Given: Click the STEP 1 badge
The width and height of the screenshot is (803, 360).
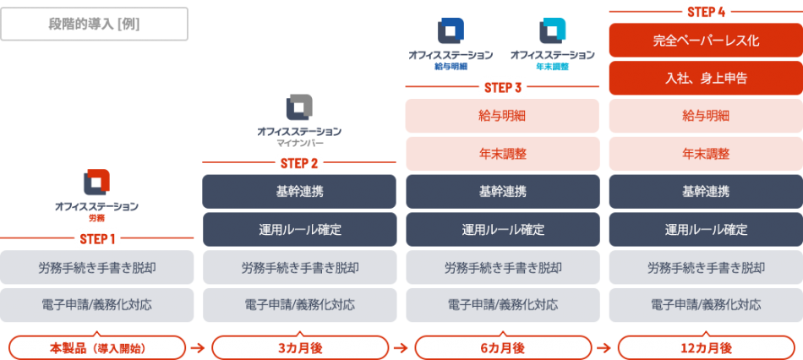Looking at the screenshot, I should [x=97, y=238].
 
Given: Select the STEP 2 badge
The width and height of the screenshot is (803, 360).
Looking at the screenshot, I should [x=299, y=163].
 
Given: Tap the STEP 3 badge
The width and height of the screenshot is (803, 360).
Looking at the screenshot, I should [x=502, y=87].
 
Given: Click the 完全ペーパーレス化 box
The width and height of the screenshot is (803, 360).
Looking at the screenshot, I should [x=705, y=40].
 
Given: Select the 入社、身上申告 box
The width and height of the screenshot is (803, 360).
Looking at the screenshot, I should [x=705, y=78].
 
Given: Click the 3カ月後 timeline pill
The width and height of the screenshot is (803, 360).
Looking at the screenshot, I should [x=299, y=347].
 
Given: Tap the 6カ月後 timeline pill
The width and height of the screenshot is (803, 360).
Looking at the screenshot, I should [x=502, y=347].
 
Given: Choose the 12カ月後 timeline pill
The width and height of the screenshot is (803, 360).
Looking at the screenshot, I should [x=705, y=347].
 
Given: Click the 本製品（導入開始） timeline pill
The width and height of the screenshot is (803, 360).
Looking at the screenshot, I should [x=96, y=347].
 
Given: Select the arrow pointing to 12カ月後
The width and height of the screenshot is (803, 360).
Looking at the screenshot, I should [x=604, y=347].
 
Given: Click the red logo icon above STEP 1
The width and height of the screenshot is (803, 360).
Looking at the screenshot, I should [x=96, y=183].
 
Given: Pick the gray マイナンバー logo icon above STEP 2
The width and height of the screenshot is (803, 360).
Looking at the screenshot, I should [x=299, y=107].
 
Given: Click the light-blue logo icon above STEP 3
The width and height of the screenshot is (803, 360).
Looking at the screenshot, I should [x=553, y=31].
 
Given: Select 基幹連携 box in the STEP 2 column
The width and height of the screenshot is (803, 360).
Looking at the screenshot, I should [x=299, y=191].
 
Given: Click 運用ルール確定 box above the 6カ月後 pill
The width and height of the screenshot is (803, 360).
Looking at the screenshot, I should [x=502, y=229].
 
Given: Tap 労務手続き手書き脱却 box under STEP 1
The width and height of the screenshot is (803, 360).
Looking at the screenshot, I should [x=96, y=267].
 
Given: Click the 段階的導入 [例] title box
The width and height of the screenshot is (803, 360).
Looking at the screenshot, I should [x=95, y=24].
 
